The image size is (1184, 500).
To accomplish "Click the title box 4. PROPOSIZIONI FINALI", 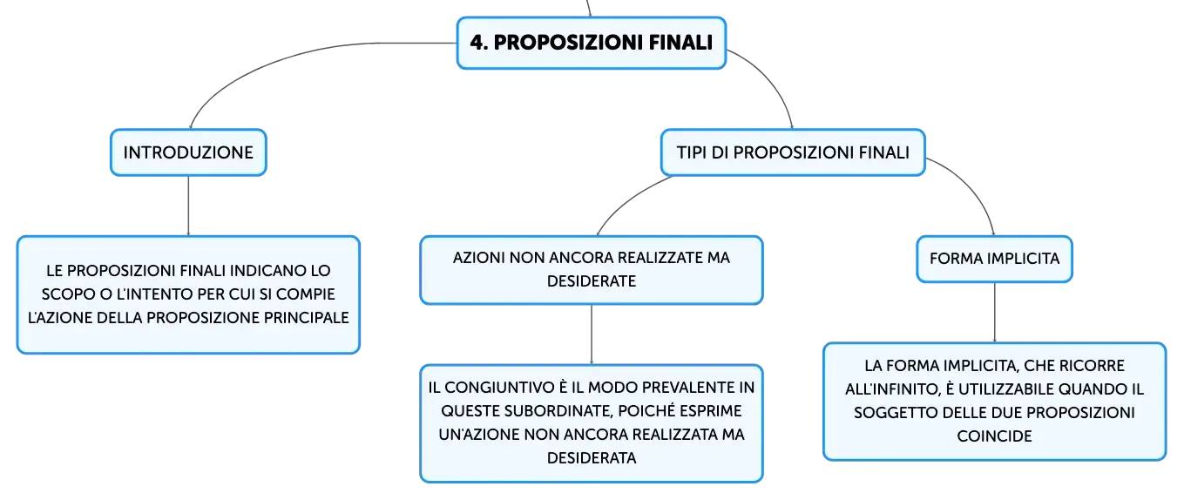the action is point(592,43).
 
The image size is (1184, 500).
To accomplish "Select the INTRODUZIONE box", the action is point(188,152).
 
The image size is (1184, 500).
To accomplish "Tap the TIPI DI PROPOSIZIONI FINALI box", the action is point(793,152).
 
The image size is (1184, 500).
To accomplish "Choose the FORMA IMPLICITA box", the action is point(994,259).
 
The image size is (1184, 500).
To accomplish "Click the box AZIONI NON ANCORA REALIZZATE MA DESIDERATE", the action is point(592,270).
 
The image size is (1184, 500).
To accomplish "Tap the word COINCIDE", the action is point(994,436).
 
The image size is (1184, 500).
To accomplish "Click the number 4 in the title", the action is point(477,43).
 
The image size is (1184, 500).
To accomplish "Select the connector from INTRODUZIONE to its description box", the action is point(188,206).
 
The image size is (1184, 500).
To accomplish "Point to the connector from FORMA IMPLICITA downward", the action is point(994,313).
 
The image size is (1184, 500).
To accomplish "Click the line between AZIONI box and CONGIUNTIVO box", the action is point(592,334).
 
